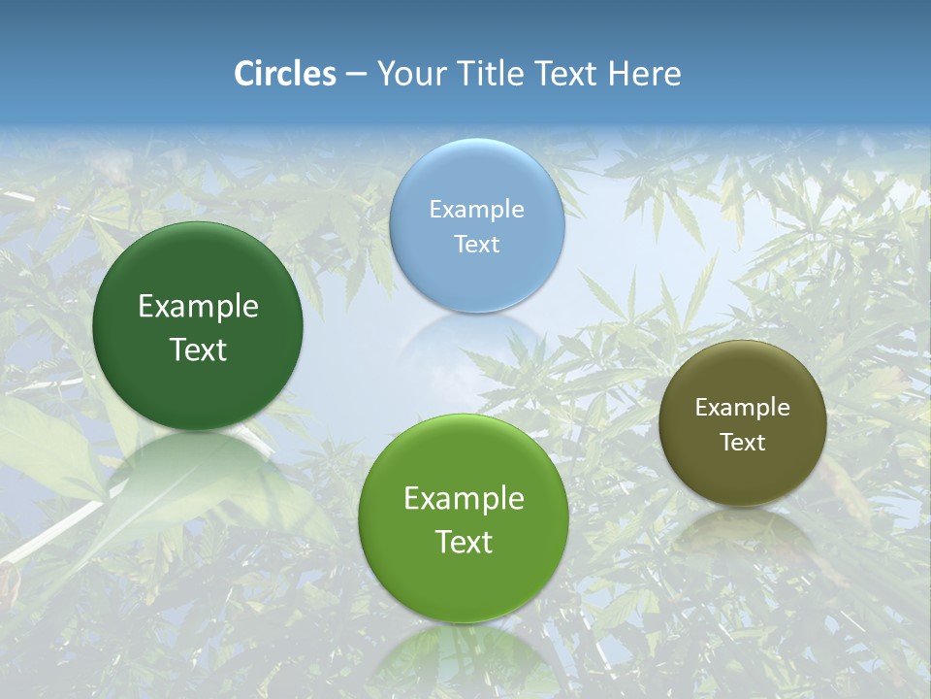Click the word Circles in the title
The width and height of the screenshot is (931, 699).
(x=285, y=74)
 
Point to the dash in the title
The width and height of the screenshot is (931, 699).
(x=356, y=75)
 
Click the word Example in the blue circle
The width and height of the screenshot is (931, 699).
(x=477, y=209)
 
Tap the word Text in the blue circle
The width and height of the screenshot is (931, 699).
(x=477, y=244)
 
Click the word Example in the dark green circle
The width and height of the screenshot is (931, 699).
(x=198, y=307)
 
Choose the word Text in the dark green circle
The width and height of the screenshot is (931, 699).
(x=198, y=349)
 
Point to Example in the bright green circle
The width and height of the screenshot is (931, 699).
(x=464, y=499)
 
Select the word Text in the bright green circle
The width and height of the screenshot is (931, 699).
(x=464, y=542)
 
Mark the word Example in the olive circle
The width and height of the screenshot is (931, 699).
(x=743, y=408)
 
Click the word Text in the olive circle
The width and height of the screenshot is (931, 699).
(x=743, y=443)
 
